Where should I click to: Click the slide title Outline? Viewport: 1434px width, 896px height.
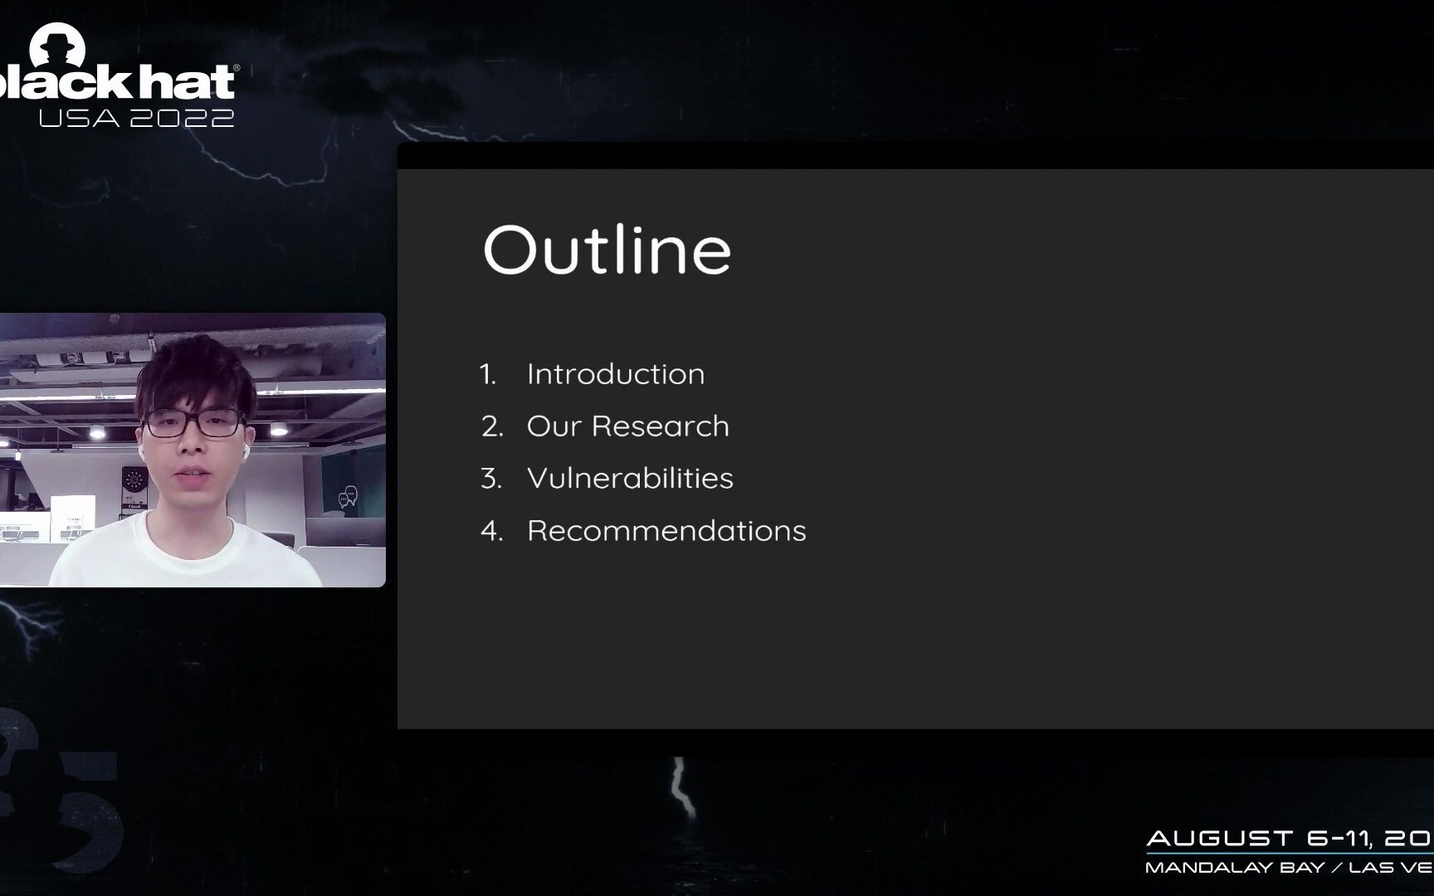(607, 249)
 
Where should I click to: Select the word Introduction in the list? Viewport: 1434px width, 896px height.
(616, 374)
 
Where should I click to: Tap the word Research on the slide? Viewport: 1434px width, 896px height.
(661, 426)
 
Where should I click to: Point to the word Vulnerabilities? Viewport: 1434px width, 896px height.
(630, 479)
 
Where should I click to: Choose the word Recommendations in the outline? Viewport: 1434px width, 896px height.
(666, 531)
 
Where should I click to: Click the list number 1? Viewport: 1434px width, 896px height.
(488, 374)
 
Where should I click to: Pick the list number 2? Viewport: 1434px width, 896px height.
(492, 426)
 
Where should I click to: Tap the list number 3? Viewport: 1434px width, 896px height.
(491, 479)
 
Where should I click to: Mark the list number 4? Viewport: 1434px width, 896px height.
(492, 531)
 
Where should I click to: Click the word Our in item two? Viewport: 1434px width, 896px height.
(554, 426)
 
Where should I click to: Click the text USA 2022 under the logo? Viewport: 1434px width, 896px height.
(137, 118)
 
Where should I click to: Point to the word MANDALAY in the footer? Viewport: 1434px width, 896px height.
(1234, 868)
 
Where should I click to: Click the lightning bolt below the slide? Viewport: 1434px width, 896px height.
(682, 786)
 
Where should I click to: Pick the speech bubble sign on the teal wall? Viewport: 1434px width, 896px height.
(348, 498)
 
